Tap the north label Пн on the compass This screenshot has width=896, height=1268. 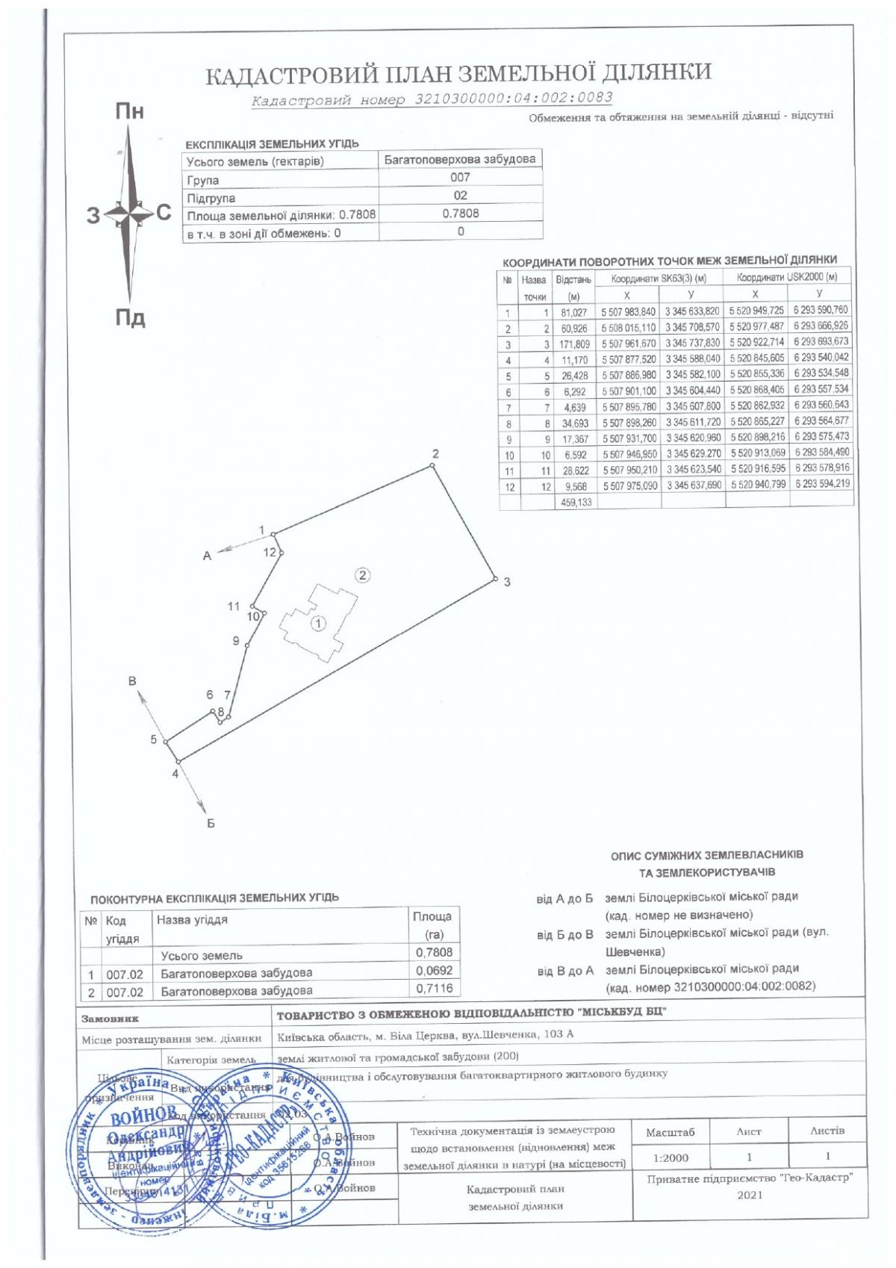coord(129,113)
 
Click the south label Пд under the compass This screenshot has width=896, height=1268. coord(130,319)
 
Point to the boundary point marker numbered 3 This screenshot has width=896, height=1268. coord(495,578)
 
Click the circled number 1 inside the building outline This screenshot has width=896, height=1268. coord(318,623)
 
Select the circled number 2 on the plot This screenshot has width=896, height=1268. coord(362,575)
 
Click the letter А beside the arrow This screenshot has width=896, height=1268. coord(208,556)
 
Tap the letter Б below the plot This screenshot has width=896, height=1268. coord(211,824)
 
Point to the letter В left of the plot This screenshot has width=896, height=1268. coord(133,681)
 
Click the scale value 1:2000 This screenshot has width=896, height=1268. coord(671,1158)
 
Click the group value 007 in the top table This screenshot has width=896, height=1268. coord(460,178)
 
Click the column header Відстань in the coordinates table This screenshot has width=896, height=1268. coord(574,280)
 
